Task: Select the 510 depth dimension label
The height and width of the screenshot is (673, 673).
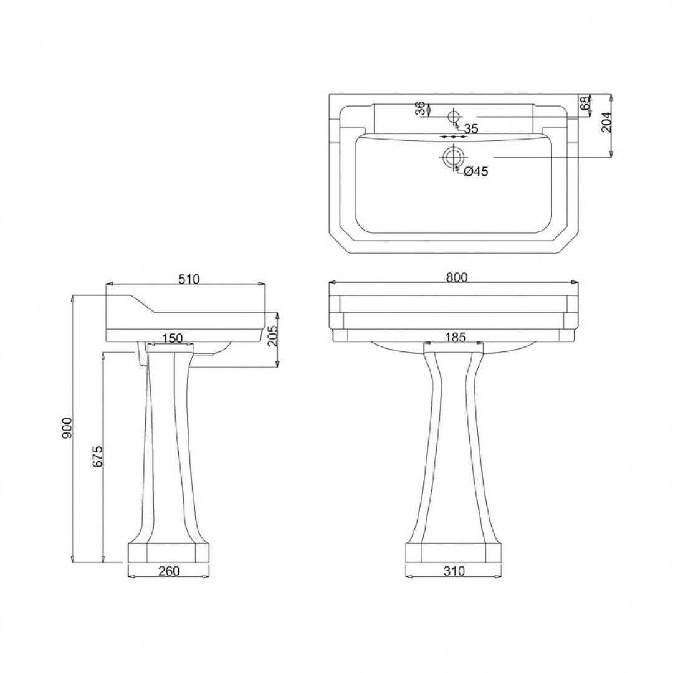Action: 188,279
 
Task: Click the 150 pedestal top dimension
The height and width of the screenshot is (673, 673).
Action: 172,338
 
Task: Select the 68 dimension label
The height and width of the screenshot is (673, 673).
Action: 585,103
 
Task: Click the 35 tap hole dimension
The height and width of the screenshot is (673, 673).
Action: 470,129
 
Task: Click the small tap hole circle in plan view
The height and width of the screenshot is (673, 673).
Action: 453,116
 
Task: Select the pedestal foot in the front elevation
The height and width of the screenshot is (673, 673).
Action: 454,553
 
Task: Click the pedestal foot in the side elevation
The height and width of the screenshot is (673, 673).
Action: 168,552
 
